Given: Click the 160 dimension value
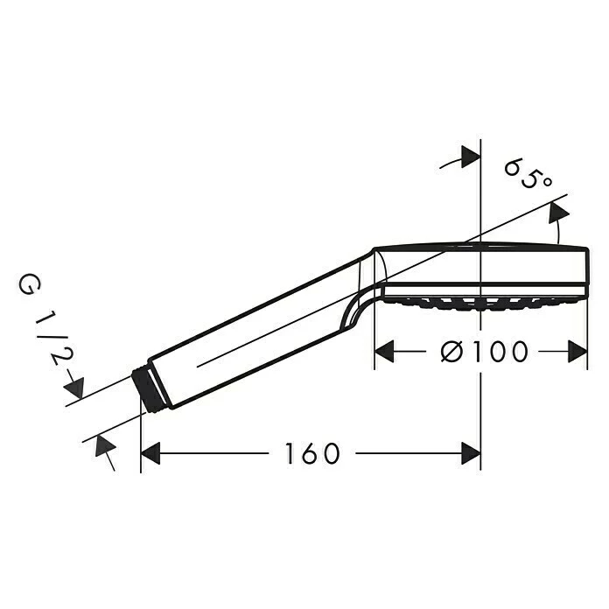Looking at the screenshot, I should (x=311, y=453).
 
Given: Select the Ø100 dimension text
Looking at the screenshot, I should (x=486, y=352).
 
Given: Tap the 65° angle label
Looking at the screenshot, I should (x=528, y=173).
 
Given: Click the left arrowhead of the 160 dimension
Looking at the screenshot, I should (x=151, y=453).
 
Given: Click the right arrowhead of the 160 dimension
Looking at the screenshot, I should (x=471, y=453).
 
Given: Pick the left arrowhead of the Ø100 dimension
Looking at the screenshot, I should (x=386, y=352).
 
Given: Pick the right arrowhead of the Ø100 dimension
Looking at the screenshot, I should (x=577, y=352).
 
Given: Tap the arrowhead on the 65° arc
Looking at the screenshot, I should (x=557, y=213).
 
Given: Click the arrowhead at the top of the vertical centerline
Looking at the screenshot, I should (x=471, y=157).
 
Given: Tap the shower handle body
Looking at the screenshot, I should (x=254, y=332).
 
